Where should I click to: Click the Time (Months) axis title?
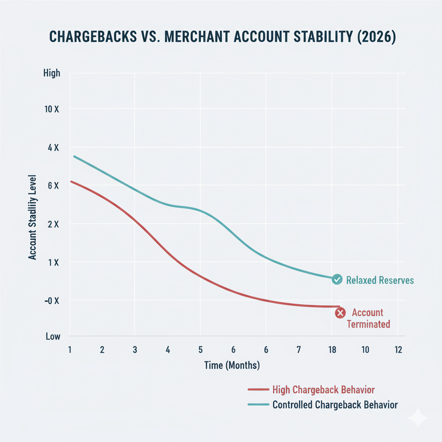[232, 366]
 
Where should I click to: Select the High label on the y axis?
[52, 73]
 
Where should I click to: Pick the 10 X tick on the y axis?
[51, 109]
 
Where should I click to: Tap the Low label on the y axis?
[53, 336]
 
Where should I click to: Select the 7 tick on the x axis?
[298, 350]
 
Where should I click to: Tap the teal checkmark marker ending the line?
[337, 280]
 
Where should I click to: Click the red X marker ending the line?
[340, 313]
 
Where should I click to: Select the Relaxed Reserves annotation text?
[380, 281]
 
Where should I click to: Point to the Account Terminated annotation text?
[368, 319]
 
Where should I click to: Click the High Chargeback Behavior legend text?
[324, 390]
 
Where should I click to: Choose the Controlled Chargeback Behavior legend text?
[335, 405]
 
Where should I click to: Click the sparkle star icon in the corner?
[418, 418]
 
